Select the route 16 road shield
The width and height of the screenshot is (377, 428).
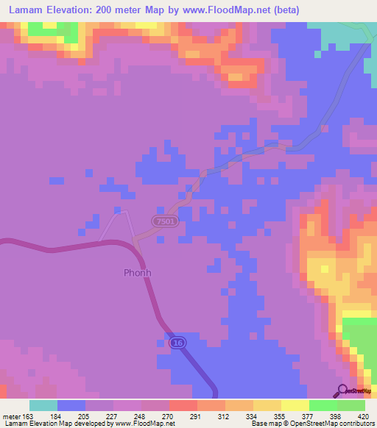tap(176, 343)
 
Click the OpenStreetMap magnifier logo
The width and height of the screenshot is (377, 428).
tap(342, 391)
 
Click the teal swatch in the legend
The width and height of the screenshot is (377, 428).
tap(43, 405)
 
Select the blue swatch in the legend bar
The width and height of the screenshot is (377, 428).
tap(71, 405)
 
